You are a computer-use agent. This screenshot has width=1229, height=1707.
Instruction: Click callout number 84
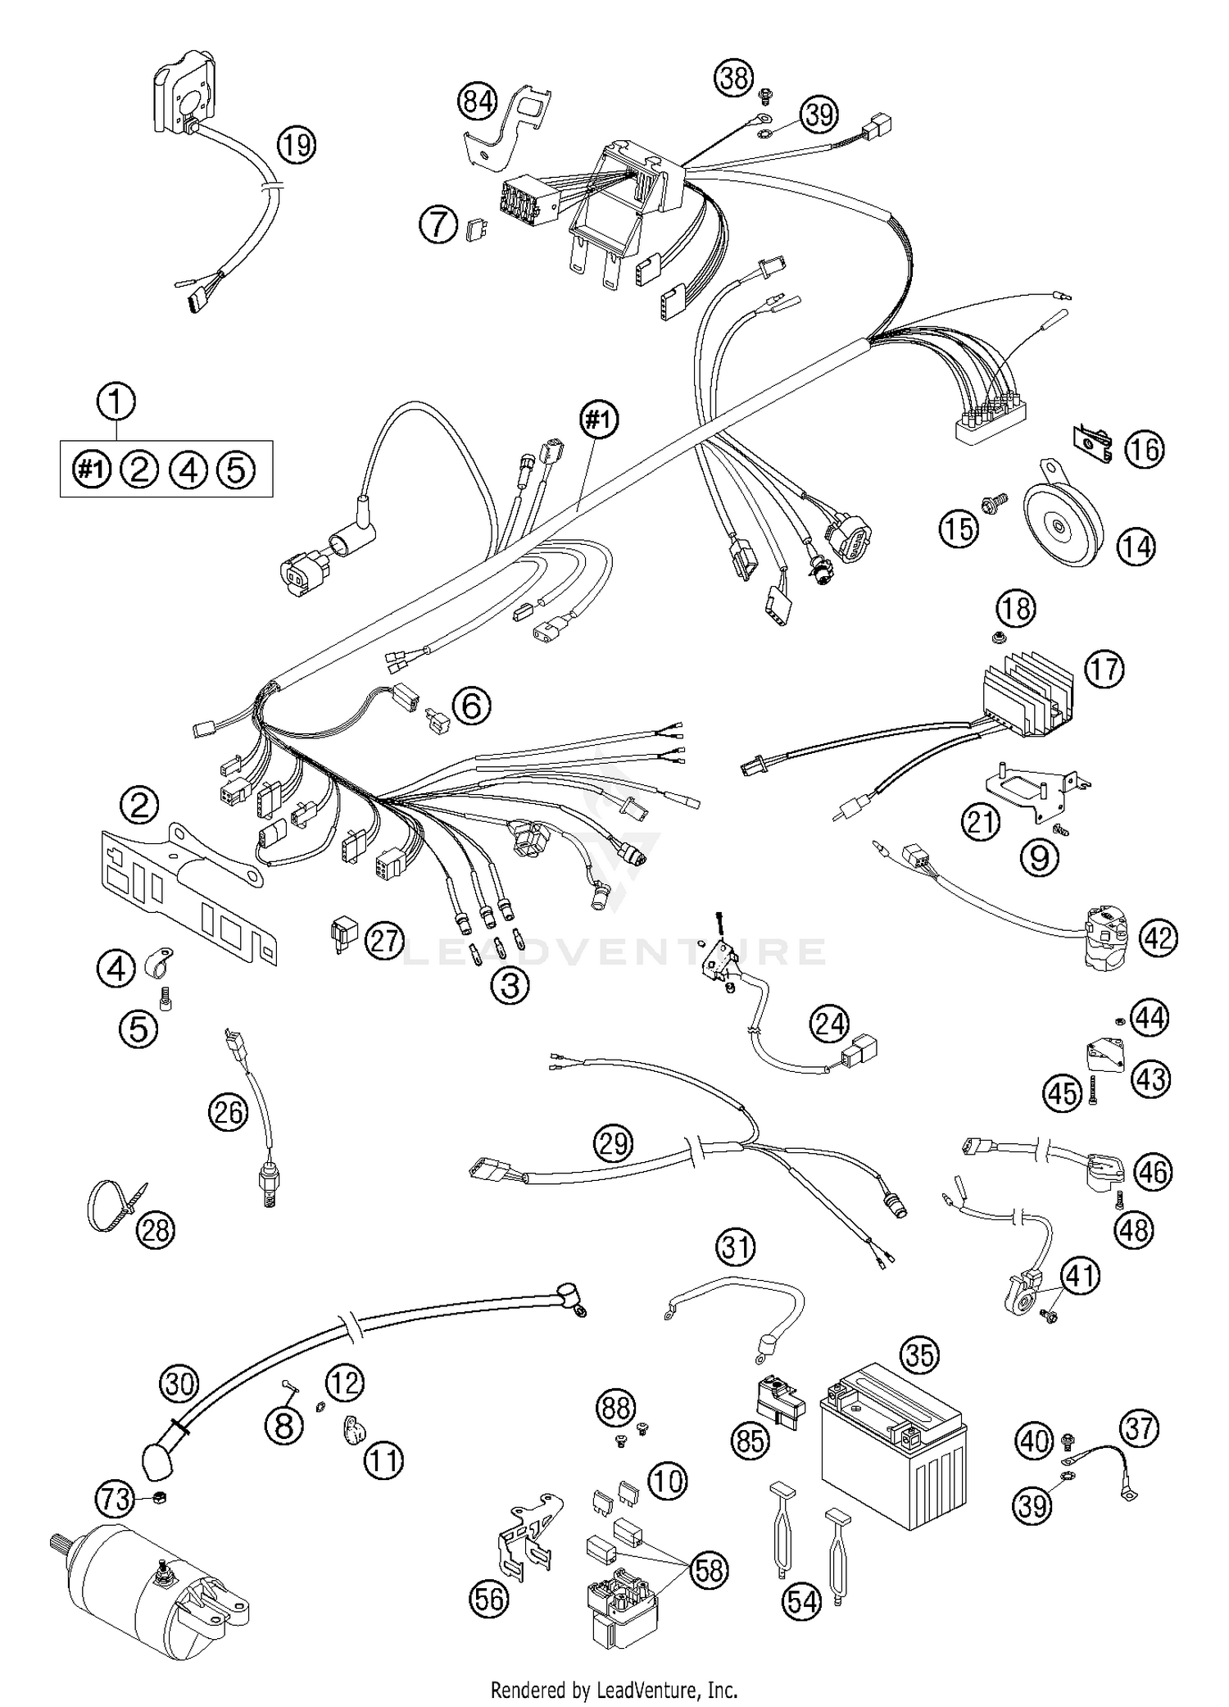(x=478, y=102)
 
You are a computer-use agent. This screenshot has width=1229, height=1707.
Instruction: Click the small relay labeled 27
(x=342, y=935)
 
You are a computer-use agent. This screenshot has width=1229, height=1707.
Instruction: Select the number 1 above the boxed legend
(x=116, y=403)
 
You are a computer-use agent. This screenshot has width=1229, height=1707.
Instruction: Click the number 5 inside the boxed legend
(x=235, y=470)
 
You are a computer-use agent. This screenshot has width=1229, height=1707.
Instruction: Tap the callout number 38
(x=734, y=79)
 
